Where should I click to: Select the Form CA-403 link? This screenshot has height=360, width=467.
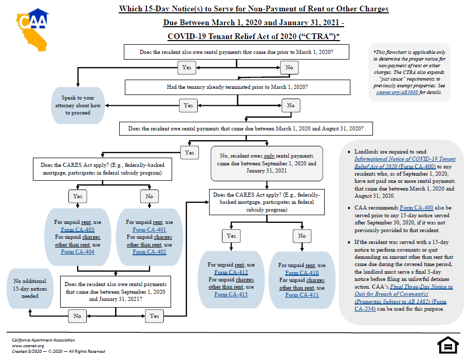coord(77,230)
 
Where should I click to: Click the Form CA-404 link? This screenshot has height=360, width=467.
coord(77,252)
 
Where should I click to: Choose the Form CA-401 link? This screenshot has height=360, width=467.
coord(149,230)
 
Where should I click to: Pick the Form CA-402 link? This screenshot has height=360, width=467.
coord(149,252)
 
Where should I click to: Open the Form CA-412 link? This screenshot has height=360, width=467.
coord(231,272)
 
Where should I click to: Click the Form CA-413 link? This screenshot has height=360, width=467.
coord(231,294)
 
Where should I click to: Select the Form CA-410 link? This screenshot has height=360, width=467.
coord(302,273)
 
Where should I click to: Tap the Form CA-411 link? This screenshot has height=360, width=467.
coord(302,295)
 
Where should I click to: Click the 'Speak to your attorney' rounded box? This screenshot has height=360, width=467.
coord(78,105)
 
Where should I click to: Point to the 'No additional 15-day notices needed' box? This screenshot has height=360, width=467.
coord(30,288)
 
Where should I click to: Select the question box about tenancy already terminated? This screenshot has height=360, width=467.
coord(237,87)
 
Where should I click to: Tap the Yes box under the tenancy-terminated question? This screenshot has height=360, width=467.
coord(188,105)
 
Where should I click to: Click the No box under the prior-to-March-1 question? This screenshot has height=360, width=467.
coord(289,67)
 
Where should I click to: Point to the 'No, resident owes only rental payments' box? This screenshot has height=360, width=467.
coord(267,163)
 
